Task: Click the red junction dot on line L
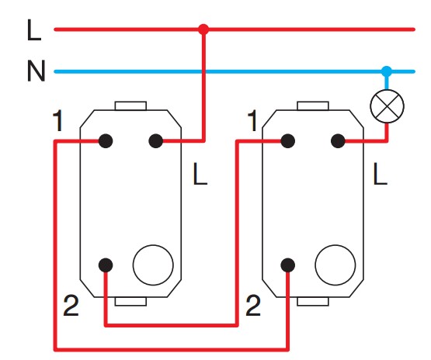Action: point(203,29)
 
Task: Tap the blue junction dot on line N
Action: point(387,71)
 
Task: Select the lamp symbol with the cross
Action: point(387,106)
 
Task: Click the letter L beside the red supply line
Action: point(34,30)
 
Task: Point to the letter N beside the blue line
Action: point(36,71)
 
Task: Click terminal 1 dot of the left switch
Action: point(106,141)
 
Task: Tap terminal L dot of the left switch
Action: point(155,141)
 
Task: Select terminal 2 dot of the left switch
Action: point(106,265)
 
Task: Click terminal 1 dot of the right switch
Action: point(288,141)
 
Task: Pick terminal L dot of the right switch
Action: point(338,141)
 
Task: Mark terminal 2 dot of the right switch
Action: point(288,265)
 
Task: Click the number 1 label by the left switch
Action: point(57,120)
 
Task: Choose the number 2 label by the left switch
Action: point(71,305)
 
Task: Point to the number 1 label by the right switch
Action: point(252,120)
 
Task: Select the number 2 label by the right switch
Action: point(253,305)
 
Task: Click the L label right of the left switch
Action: point(200,174)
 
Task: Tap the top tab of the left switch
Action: point(130,106)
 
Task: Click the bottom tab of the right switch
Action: point(313,301)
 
